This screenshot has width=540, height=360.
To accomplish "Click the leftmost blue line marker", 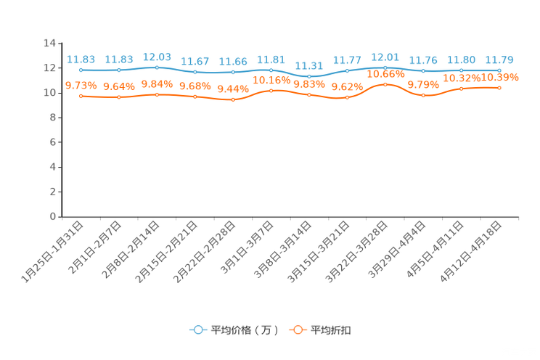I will [81, 70].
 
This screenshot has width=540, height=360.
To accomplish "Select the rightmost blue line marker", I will [499, 70].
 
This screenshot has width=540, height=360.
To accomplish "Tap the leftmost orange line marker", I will [81, 96].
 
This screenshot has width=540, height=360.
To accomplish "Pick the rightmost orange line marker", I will [499, 87].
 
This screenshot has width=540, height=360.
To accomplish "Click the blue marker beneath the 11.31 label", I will [309, 76].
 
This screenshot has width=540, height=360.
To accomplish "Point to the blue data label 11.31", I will [309, 64].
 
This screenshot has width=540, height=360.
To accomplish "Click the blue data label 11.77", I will [347, 60].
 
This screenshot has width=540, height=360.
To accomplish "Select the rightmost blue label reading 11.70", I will [499, 60].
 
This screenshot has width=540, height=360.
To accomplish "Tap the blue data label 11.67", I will [195, 61].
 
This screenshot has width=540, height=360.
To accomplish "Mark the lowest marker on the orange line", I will [233, 100].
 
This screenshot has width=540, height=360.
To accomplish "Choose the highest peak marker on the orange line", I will [385, 84].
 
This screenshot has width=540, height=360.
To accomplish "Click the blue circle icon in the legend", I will [197, 330].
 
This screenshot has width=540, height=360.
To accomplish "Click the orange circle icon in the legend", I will [298, 330].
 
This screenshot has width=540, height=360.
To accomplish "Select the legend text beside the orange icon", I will [331, 330].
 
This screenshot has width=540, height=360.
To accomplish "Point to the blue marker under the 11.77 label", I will [347, 70].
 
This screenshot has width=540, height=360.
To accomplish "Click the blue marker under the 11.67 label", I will [195, 71].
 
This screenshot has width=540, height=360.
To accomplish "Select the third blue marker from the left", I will [157, 67].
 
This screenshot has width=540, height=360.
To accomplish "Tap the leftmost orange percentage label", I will [81, 85].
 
